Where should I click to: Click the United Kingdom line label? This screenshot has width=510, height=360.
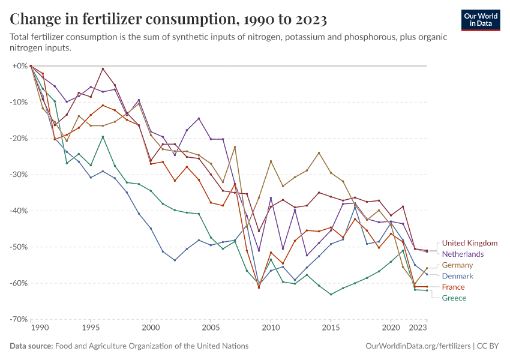470,243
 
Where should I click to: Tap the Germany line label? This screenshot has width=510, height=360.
458,265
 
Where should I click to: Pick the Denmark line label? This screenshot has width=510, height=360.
458,276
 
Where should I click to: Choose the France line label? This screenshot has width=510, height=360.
454,287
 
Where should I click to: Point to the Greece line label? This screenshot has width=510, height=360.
454,298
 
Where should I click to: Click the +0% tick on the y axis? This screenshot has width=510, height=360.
20,65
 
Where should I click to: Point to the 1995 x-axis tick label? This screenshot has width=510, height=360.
91,328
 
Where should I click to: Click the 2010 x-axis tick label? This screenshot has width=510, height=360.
271,328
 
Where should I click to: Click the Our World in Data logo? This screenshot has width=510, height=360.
480,20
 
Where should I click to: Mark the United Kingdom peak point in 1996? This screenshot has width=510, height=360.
103,69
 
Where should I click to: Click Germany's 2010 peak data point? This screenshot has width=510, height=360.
271,161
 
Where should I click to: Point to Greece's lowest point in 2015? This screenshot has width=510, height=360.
331,294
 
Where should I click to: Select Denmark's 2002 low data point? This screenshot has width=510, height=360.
175,260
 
